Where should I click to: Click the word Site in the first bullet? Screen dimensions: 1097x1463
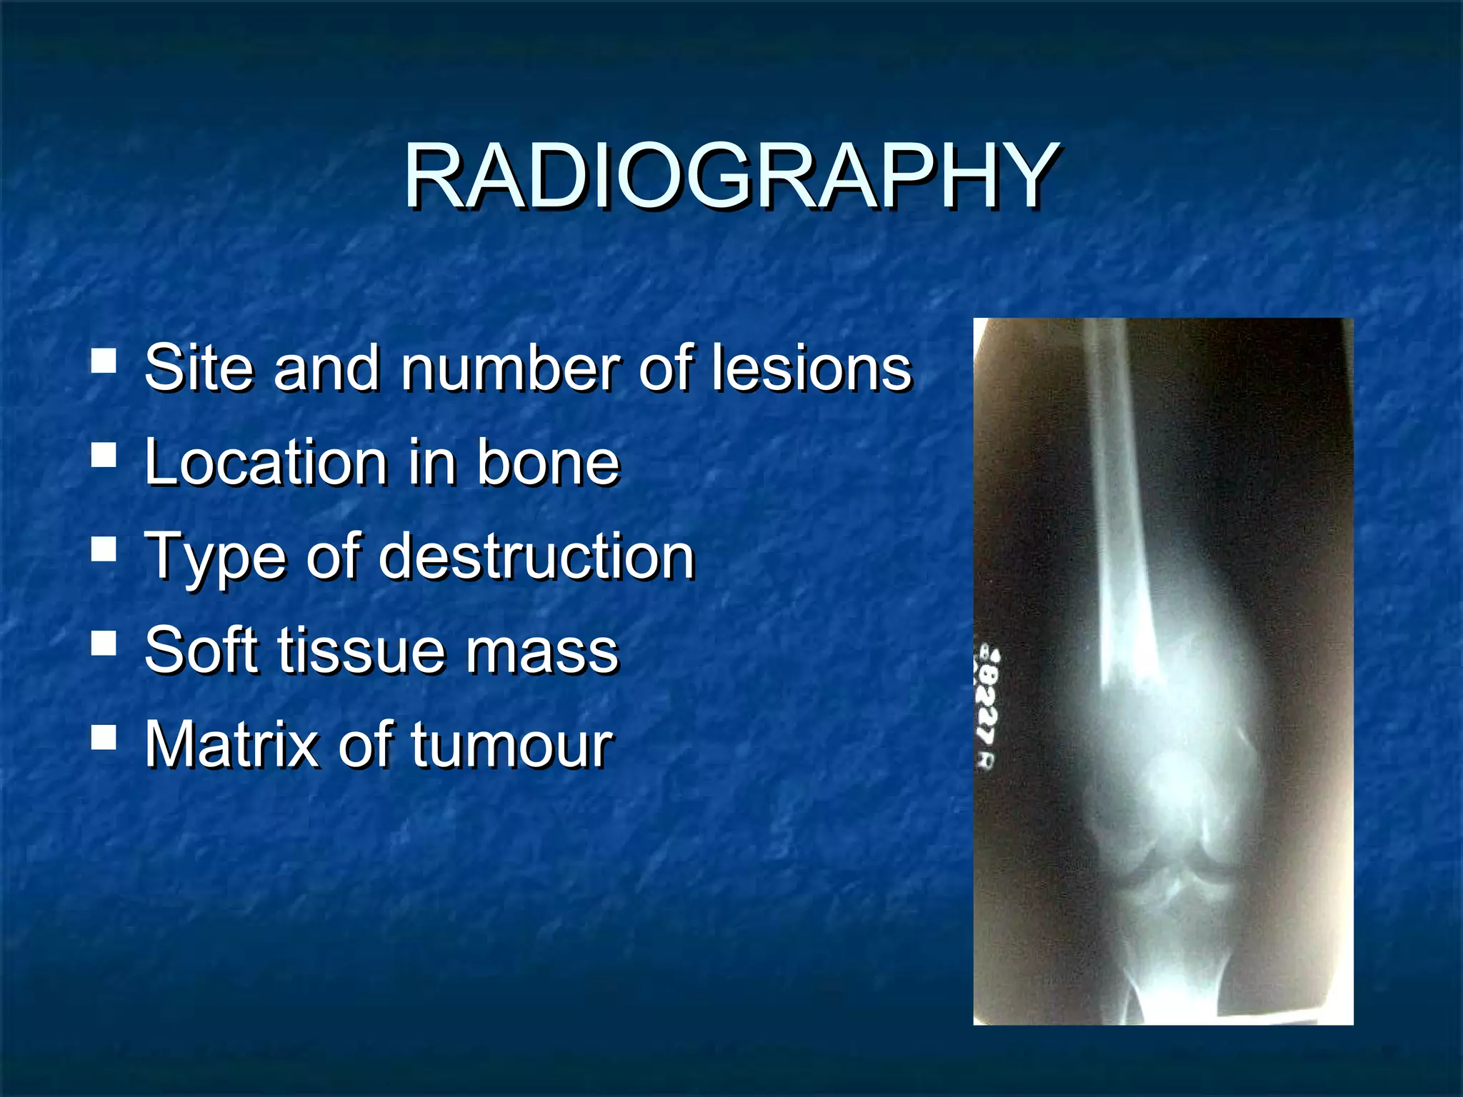[x=198, y=368]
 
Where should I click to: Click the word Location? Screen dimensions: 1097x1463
[x=264, y=462]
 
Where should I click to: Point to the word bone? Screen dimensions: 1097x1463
[x=548, y=462]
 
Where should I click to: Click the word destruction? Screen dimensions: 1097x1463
[x=536, y=556]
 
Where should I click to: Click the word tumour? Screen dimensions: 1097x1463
[x=511, y=746]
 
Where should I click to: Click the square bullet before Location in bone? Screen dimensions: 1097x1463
[x=104, y=454]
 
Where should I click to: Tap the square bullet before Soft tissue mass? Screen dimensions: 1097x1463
[x=104, y=643]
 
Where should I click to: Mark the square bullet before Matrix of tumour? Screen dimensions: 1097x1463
[x=104, y=737]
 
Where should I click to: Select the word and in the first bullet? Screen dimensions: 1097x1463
[x=326, y=368]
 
